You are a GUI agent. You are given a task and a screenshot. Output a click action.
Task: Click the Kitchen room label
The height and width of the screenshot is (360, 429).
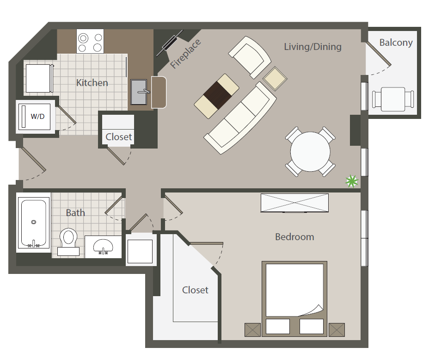(x=92, y=83)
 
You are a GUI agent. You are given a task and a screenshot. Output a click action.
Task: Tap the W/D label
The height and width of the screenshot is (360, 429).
(x=38, y=116)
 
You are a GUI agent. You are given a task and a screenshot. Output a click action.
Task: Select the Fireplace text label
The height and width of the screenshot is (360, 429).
(x=186, y=54)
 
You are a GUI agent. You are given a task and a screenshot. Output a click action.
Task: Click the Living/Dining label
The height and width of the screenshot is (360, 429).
(x=313, y=46)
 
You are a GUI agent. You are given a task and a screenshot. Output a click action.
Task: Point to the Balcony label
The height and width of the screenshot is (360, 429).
(x=396, y=43)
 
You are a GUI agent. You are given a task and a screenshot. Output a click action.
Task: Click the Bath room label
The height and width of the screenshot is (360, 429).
(x=75, y=213)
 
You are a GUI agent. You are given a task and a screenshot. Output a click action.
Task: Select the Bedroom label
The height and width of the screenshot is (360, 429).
(x=294, y=237)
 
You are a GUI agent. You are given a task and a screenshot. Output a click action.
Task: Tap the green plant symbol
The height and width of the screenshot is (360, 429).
(x=352, y=181)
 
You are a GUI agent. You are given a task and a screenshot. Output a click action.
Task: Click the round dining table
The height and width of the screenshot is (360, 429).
(x=310, y=151)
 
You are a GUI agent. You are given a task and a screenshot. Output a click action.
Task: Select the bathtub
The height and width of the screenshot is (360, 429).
(x=34, y=223)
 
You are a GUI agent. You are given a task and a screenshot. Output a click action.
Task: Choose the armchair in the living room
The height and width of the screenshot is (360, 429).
(x=249, y=56)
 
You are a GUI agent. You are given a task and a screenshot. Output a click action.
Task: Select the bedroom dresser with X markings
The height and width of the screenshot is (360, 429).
(x=294, y=203)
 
